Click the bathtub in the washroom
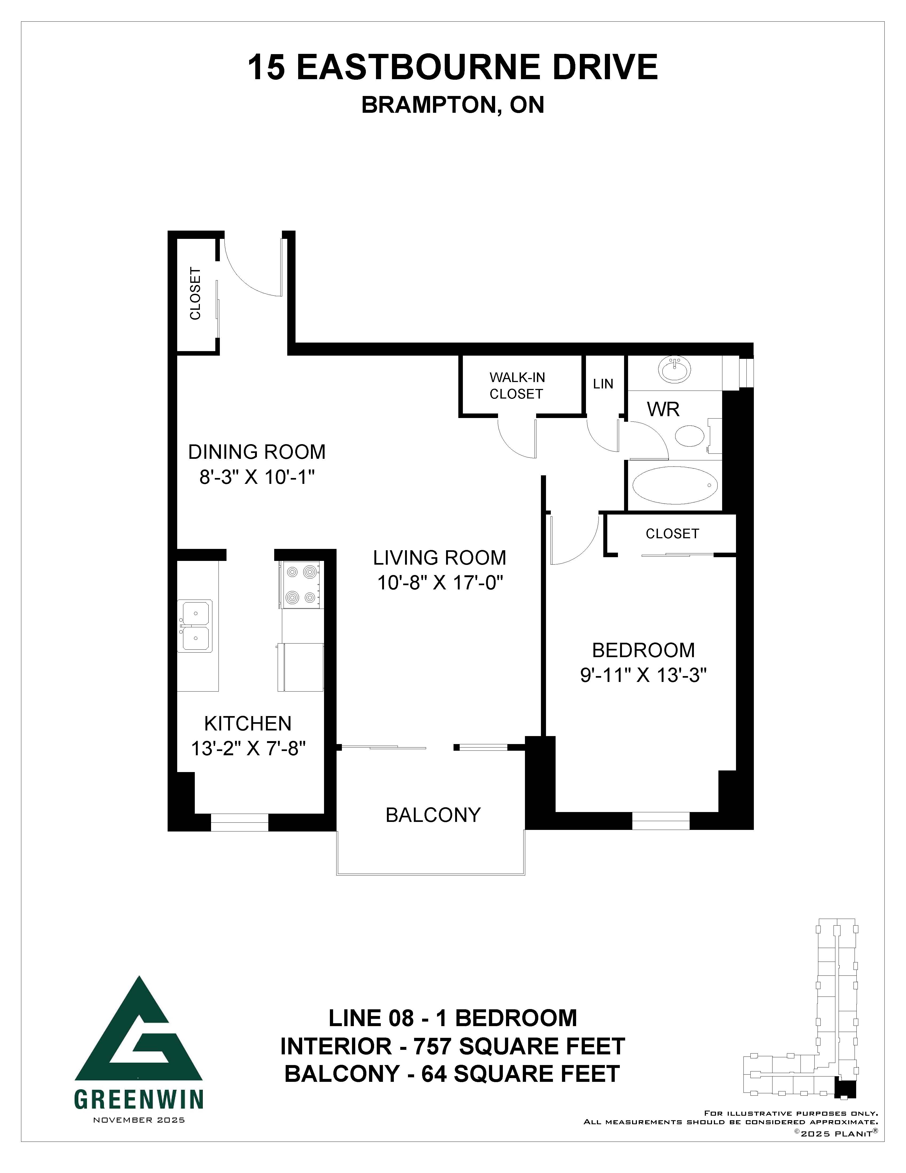click(x=675, y=485)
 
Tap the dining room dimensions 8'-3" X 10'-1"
click(x=257, y=477)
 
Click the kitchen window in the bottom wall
click(x=239, y=822)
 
